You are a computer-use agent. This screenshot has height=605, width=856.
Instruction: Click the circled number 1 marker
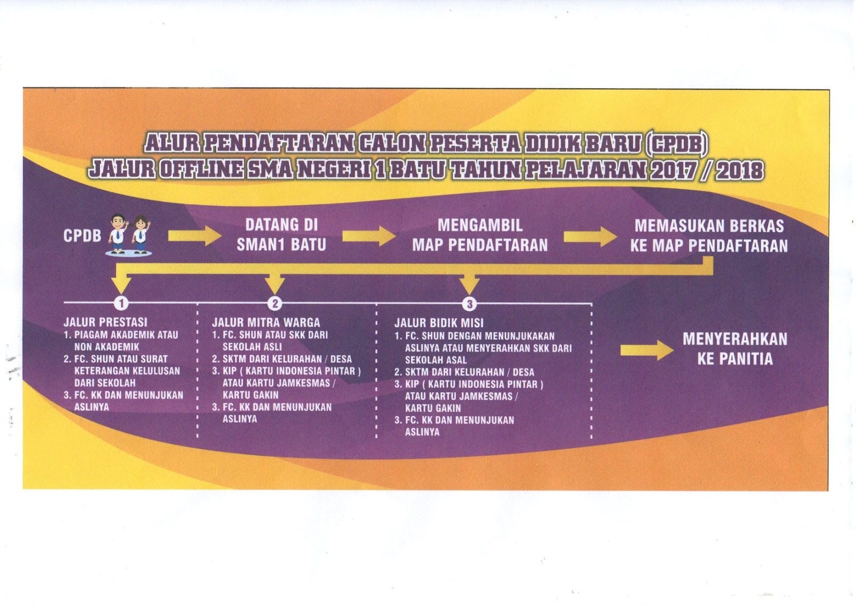point(121,303)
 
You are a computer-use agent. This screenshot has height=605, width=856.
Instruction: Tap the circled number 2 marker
point(275,304)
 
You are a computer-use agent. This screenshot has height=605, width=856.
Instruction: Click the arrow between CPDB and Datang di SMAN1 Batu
point(194,236)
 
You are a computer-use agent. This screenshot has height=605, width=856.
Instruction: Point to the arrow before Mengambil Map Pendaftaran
point(369,235)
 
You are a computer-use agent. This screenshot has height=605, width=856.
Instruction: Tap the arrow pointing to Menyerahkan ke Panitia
point(647,350)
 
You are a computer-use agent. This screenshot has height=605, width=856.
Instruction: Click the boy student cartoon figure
point(118,233)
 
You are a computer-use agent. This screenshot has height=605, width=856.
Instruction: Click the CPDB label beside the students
point(82,236)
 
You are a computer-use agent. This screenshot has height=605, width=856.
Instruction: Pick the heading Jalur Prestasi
point(105,322)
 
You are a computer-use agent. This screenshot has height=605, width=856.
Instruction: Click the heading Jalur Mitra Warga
point(266,323)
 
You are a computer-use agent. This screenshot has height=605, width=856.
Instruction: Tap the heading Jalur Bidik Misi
point(439,323)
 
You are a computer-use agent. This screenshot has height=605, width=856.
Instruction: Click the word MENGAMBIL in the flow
point(480,225)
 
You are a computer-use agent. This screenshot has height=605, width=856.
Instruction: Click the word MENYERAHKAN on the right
point(735,339)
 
